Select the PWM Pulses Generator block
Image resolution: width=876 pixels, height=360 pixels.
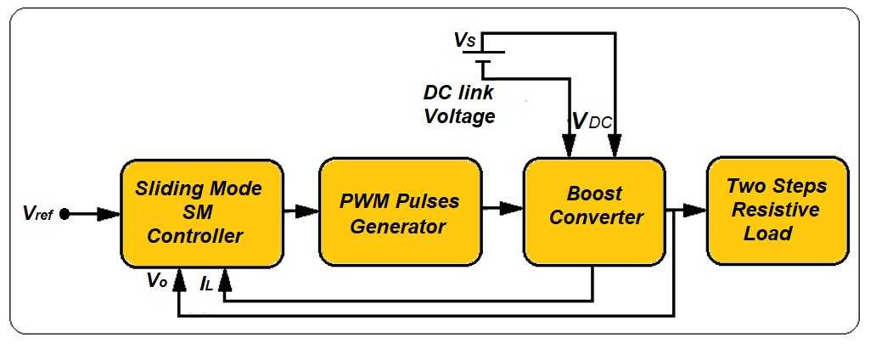401,212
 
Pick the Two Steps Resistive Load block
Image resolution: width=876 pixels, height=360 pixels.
777,209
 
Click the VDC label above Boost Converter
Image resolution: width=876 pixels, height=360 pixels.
592,122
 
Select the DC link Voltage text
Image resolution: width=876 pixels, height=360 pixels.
459,104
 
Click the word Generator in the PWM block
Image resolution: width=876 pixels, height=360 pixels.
401,227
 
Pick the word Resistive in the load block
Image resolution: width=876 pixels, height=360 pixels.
777,210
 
